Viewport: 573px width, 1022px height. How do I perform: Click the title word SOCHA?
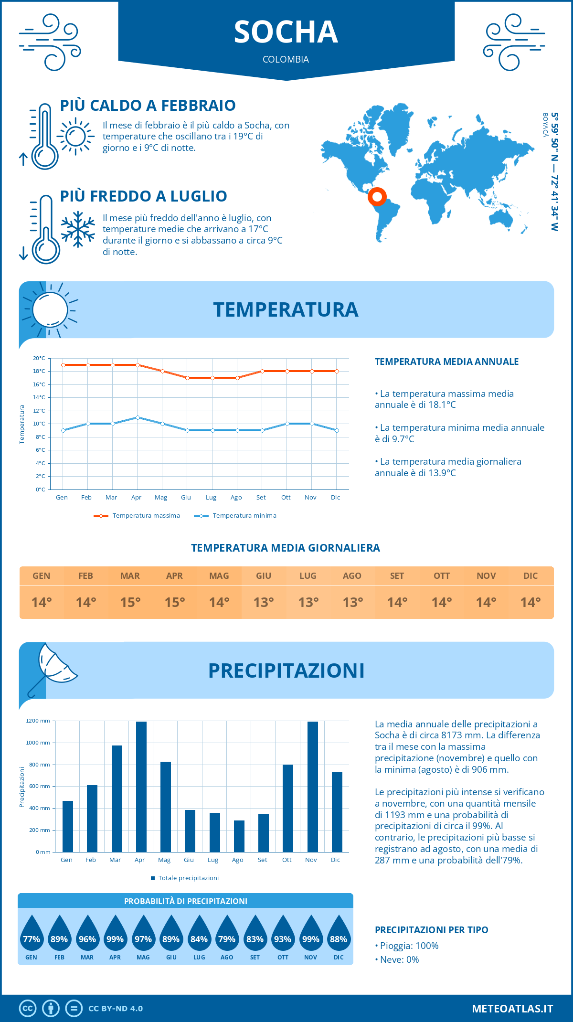tap(286, 32)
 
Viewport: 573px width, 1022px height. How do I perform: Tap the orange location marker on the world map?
tap(377, 196)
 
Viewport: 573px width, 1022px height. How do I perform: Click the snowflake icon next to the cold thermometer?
tap(78, 229)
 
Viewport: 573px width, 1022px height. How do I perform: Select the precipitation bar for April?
tap(141, 787)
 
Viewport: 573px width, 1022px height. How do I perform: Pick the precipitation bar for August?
tap(239, 836)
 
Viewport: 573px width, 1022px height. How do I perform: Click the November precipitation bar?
tap(313, 787)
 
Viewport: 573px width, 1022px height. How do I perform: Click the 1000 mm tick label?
tap(38, 743)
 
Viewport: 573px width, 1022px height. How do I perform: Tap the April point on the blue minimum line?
tap(138, 417)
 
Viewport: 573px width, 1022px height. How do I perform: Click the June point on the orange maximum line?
tap(187, 378)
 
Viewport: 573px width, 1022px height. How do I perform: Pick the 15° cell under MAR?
tap(130, 602)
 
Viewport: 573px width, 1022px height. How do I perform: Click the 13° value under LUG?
tap(308, 602)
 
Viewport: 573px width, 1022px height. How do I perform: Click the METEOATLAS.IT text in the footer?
tap(512, 1009)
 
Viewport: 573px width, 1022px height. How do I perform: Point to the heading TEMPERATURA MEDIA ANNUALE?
tap(446, 362)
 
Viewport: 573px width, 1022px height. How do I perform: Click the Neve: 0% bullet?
tap(397, 959)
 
